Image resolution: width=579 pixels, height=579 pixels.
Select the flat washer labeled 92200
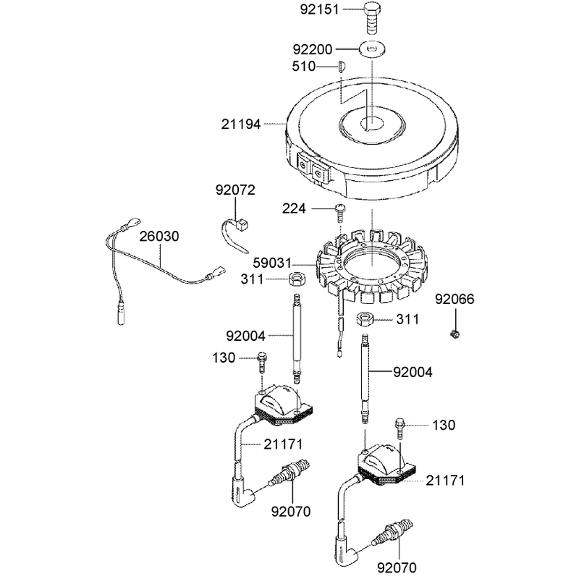pyautogui.click(x=372, y=48)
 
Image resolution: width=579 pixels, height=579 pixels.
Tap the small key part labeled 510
pyautogui.click(x=341, y=67)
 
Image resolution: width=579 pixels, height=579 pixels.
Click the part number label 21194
pyautogui.click(x=241, y=124)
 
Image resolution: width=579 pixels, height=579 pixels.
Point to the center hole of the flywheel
pyautogui.click(x=372, y=123)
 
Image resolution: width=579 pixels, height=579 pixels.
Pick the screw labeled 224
pyautogui.click(x=340, y=213)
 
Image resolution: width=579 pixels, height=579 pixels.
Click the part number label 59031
pyautogui.click(x=273, y=263)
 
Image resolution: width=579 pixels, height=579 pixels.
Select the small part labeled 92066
pyautogui.click(x=456, y=334)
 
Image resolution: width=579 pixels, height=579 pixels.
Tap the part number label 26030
pyautogui.click(x=159, y=237)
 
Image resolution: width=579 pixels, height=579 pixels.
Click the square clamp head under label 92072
pyautogui.click(x=242, y=224)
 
